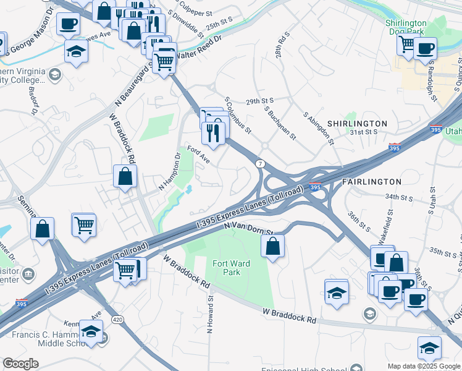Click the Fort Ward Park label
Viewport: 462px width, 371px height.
point(231,268)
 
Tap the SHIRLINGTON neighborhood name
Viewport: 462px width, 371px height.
point(357,124)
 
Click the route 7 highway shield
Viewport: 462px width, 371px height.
point(260,163)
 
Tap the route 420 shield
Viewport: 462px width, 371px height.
point(117,319)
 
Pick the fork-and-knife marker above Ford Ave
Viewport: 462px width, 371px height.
point(213,133)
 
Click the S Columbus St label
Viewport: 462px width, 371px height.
point(238,115)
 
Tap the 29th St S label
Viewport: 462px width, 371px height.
point(259,101)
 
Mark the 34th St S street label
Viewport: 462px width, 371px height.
point(398,197)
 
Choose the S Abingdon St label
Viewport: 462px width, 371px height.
point(319,129)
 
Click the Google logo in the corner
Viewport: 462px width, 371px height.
point(21,364)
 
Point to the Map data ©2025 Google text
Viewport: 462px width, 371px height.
point(424,366)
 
